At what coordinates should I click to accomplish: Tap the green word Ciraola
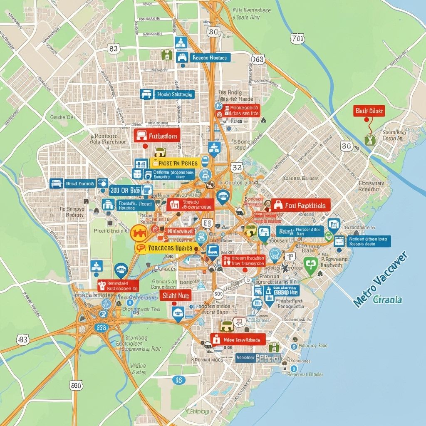(x=387, y=300)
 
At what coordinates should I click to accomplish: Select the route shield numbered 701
(x=298, y=39)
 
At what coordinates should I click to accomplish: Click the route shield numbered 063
(x=258, y=59)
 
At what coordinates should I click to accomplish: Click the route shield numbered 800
(x=76, y=385)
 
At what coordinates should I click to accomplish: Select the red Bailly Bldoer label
(x=369, y=111)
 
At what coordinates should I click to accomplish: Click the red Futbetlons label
(x=157, y=136)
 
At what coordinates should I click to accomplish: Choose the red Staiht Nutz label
(x=175, y=295)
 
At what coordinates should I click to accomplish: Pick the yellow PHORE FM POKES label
(x=175, y=163)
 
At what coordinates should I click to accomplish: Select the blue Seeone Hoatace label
(x=210, y=58)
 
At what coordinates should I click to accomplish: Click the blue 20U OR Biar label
(x=125, y=190)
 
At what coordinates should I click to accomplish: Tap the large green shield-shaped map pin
(x=310, y=265)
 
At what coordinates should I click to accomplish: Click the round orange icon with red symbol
(x=139, y=233)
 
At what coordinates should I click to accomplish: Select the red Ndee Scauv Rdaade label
(x=238, y=339)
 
